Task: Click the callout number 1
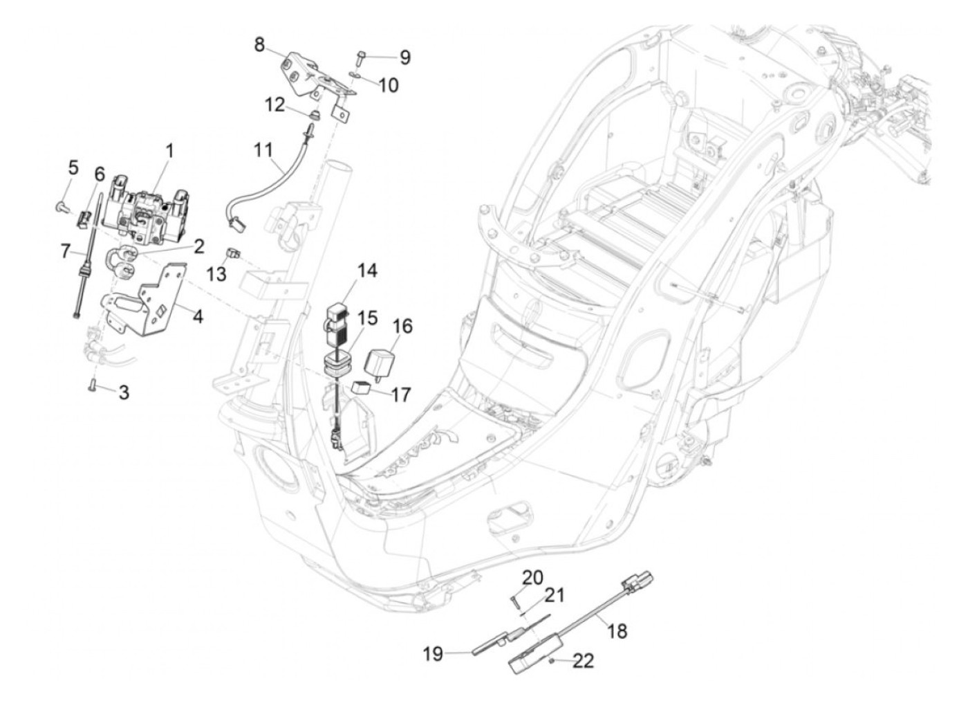click(x=169, y=152)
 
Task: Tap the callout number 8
click(x=260, y=44)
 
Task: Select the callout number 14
click(x=367, y=271)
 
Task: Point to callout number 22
click(x=583, y=661)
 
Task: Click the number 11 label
click(x=263, y=150)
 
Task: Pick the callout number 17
click(x=400, y=395)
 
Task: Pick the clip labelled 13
click(x=233, y=254)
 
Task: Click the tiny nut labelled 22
click(x=551, y=660)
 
